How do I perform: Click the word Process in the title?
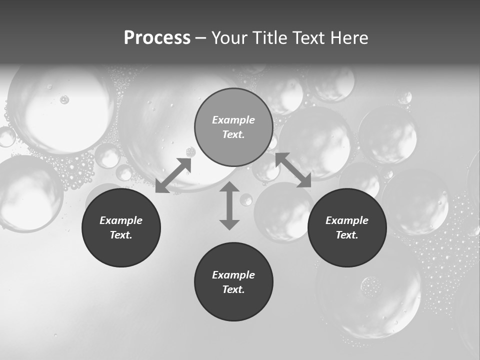pos(157,38)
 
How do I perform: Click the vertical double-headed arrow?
pos(229,205)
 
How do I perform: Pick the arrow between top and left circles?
pos(173,175)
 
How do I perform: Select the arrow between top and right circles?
pos(293,170)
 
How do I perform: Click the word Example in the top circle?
pos(233,120)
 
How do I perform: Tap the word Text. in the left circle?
pos(121,235)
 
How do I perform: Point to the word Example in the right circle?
pos(347,220)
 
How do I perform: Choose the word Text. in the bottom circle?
pos(233,289)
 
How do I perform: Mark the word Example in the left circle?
pos(121,220)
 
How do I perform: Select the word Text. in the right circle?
pos(347,235)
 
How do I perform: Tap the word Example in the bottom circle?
pos(233,275)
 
